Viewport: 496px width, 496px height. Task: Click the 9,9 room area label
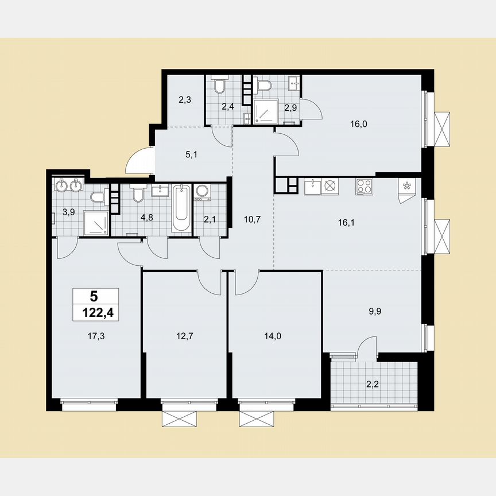click(374, 312)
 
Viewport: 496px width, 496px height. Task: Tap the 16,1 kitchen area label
click(347, 218)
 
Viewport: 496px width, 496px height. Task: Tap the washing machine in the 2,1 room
click(202, 192)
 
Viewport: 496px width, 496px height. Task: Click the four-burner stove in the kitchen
click(364, 187)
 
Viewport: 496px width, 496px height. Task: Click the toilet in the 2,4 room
click(219, 86)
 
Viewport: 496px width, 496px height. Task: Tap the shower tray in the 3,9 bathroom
click(96, 223)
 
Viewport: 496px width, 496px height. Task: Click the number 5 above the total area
click(94, 296)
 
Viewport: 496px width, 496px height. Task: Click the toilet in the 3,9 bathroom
click(98, 199)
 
